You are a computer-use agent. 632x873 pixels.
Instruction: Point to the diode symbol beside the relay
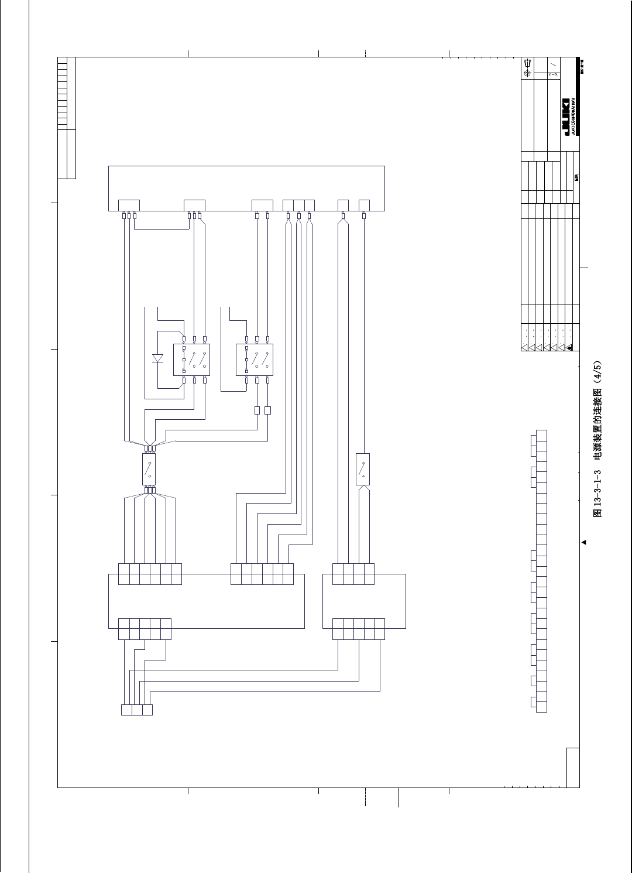tap(157, 358)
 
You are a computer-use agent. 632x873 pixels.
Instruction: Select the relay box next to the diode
tap(191, 360)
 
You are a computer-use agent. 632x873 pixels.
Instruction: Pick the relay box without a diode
tap(254, 360)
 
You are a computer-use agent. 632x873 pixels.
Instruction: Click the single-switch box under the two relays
tap(149, 468)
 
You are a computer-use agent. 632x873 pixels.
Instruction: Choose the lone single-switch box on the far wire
tap(363, 468)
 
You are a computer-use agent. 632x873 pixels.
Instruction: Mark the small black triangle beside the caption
tap(583, 542)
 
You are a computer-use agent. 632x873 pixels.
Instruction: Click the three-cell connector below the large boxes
tap(136, 710)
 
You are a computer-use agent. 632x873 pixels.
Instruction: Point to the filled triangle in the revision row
tap(570, 347)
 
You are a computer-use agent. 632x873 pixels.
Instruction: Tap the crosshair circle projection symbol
tap(527, 73)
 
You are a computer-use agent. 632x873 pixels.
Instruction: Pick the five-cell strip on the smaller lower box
tap(359, 629)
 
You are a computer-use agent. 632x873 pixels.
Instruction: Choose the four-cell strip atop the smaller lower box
tap(353, 574)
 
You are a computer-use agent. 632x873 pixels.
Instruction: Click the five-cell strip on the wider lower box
tap(145, 629)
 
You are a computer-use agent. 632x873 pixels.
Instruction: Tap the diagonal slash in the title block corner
tap(553, 64)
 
